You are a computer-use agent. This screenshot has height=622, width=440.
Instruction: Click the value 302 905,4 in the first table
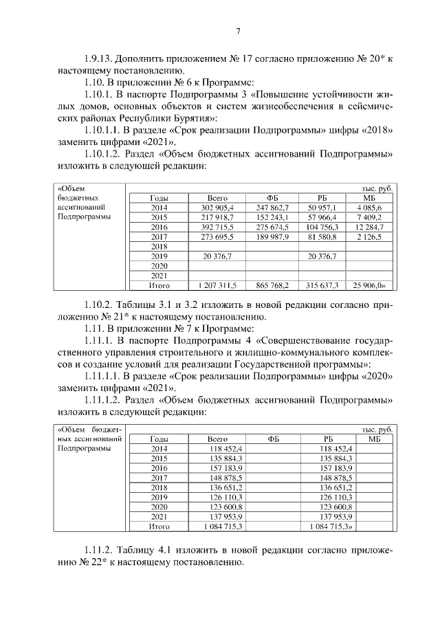(x=217, y=207)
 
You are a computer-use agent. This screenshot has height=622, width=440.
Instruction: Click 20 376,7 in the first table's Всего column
(x=217, y=256)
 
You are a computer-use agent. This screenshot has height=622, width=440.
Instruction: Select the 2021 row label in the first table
(x=159, y=275)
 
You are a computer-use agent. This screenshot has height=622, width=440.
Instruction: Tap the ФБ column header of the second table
(x=273, y=438)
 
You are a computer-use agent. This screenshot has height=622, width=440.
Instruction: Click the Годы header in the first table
(x=159, y=197)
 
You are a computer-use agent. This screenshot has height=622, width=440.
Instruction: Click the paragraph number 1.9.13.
(x=98, y=59)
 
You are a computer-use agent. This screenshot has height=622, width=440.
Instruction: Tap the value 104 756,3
(x=322, y=226)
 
